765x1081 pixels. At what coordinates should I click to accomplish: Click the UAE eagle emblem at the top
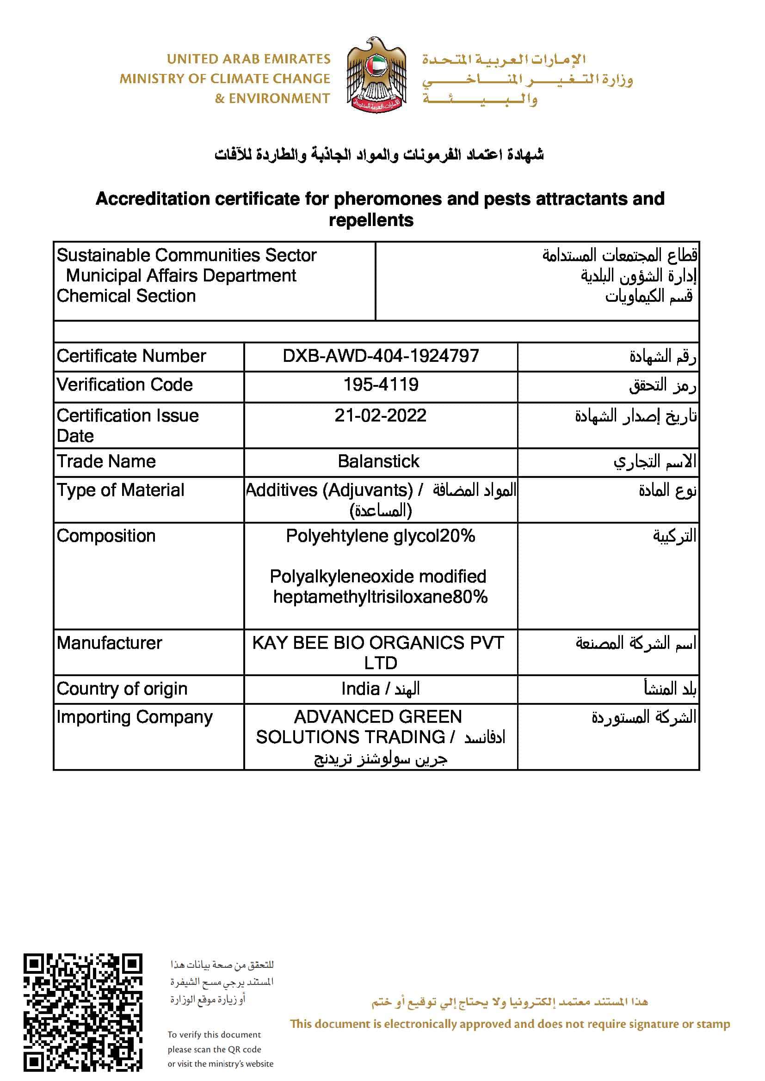coord(376,75)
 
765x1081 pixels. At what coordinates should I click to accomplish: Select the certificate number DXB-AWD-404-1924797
coord(381,356)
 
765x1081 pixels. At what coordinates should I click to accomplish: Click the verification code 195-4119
coord(381,385)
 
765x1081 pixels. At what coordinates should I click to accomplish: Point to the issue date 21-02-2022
coord(381,415)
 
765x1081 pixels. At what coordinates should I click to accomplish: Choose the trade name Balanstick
coord(378,461)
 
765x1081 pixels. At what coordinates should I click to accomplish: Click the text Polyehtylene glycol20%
coord(381,536)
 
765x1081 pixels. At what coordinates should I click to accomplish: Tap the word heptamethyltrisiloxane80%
coord(381,597)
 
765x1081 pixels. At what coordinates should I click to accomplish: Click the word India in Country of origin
coord(360,689)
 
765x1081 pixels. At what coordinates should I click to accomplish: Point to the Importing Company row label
coord(135,717)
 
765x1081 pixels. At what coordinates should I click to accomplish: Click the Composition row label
coord(106,536)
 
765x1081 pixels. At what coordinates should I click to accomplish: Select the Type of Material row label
coord(121,490)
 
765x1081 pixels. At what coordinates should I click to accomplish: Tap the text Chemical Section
coord(126,296)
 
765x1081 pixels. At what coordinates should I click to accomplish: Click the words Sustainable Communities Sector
coord(186,255)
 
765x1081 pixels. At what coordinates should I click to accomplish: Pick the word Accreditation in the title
coord(152,199)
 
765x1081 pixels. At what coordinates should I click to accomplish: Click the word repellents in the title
coord(371,220)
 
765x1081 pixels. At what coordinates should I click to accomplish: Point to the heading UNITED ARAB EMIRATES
coord(249,59)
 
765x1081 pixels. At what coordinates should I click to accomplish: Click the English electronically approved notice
coord(510,1024)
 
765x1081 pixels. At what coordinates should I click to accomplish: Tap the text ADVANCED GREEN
coord(378,717)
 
